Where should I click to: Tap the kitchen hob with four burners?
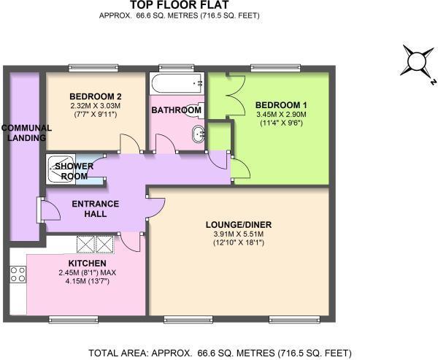(x=18, y=275)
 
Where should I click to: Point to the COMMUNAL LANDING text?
(x=24, y=133)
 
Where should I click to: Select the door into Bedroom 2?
(x=128, y=143)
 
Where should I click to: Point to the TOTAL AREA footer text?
(x=219, y=353)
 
